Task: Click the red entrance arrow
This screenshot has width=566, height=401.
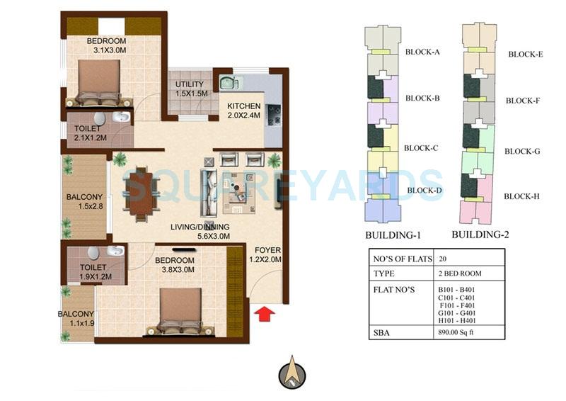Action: click(x=264, y=312)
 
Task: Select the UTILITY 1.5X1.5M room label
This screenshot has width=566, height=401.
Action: click(x=190, y=89)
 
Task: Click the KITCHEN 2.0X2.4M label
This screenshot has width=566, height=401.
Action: click(x=243, y=111)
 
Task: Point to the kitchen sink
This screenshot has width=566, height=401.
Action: click(x=229, y=82)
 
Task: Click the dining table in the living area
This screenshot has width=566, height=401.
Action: click(x=140, y=193)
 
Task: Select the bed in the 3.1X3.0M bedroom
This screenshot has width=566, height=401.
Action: click(x=99, y=82)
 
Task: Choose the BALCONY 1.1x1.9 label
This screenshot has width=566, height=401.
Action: click(x=76, y=319)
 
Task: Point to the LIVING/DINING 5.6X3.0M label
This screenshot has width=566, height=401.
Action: click(x=200, y=232)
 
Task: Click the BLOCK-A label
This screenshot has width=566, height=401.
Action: click(x=422, y=52)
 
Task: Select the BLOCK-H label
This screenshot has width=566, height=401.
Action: click(x=522, y=196)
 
